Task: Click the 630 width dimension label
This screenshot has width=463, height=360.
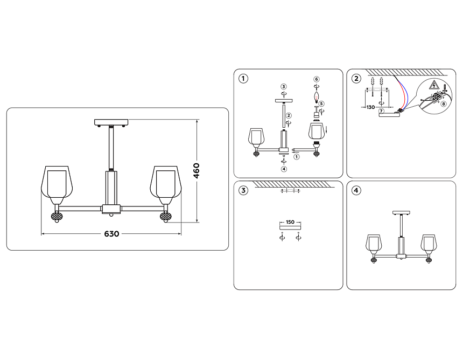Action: click(x=111, y=234)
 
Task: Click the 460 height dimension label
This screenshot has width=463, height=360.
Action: click(x=197, y=171)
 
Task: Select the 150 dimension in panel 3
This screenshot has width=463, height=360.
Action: click(x=290, y=222)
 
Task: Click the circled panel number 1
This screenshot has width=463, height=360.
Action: click(x=244, y=79)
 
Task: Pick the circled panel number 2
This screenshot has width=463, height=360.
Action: click(x=356, y=79)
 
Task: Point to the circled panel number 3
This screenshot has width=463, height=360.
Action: click(x=244, y=191)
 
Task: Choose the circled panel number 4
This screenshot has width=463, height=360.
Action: click(x=356, y=191)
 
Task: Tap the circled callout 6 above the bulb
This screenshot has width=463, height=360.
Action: click(x=317, y=79)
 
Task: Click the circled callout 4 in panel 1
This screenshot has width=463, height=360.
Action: click(x=284, y=169)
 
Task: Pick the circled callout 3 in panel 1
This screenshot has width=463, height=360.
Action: click(x=284, y=86)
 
